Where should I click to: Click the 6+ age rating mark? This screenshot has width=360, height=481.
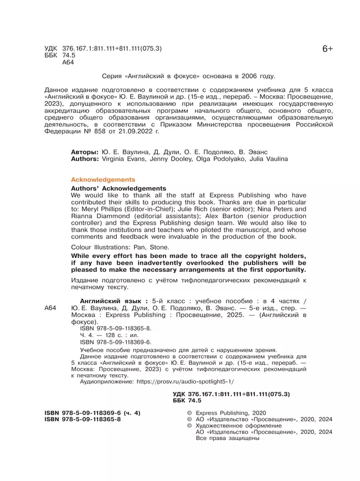click(327, 49)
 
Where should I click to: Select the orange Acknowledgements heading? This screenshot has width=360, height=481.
click(103, 180)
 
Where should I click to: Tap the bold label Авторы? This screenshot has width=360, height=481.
click(85, 151)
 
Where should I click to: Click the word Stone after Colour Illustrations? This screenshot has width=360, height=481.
click(161, 247)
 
